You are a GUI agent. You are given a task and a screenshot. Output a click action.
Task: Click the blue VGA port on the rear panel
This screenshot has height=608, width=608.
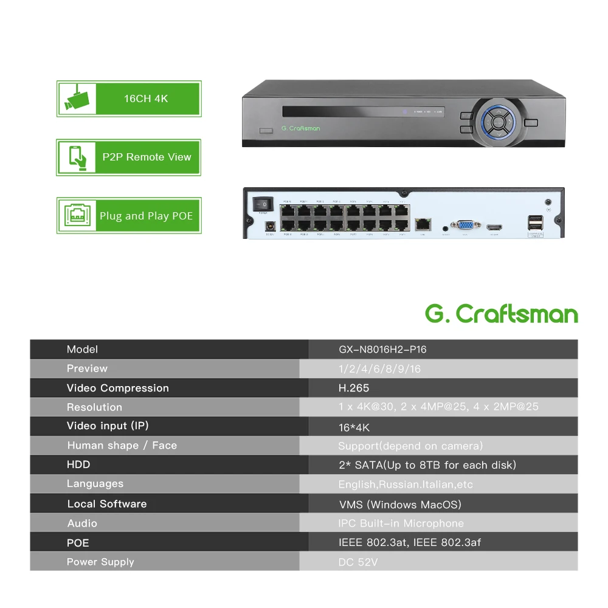pos(464,226)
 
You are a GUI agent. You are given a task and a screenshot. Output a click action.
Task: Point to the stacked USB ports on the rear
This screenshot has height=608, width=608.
pos(535,223)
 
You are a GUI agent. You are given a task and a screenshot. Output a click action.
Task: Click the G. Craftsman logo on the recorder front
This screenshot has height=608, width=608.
pos(300,128)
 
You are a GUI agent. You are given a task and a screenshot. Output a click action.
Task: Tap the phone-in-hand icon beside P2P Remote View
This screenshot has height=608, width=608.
pos(77,157)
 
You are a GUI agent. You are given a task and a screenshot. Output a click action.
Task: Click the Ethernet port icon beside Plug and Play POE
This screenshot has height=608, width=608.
pos(77,215)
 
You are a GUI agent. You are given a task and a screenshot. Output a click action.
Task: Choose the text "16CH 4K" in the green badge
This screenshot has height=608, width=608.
pos(146,98)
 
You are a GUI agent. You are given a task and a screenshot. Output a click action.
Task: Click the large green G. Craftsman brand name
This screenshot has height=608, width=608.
pos(501,314)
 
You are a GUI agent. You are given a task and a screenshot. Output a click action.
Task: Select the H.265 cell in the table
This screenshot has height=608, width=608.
pos(354,388)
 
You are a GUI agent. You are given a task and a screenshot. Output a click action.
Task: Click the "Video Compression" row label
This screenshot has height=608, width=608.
pos(118,388)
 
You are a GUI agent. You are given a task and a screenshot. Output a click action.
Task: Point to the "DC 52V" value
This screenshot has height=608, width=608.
pos(358,562)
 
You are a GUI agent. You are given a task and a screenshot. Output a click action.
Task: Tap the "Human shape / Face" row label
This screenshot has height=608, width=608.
pos(122,446)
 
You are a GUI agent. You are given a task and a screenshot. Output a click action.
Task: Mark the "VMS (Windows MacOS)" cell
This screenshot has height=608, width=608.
pos(400,504)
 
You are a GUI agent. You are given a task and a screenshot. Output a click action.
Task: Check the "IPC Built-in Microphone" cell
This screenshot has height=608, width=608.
pos(401,523)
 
